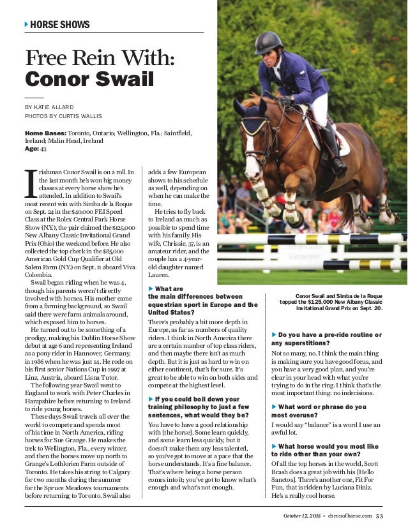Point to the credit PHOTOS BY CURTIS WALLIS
coord(63,117)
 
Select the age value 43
coord(43,149)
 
